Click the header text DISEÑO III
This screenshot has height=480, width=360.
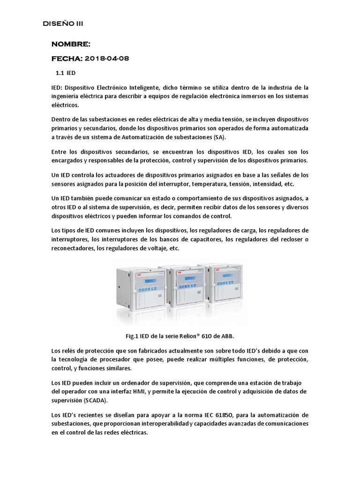(63, 23)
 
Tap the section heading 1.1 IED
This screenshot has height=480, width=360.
(66, 73)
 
